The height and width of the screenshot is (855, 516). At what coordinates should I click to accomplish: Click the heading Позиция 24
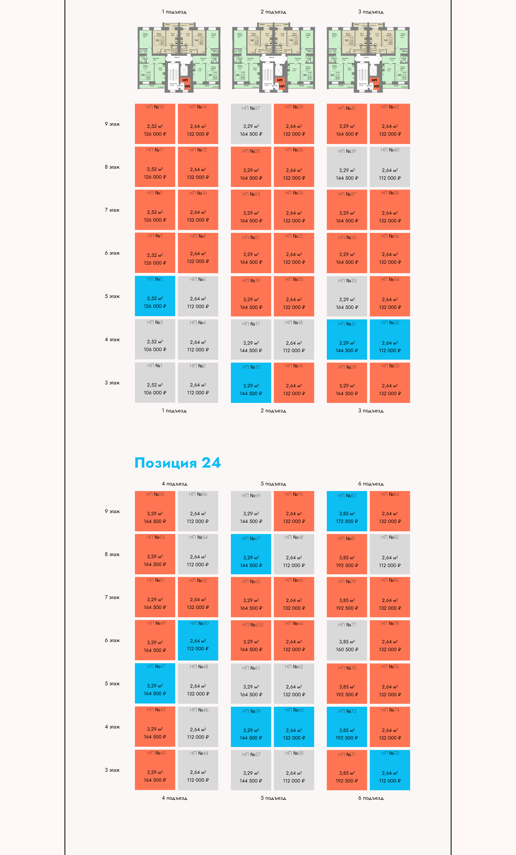pos(177,463)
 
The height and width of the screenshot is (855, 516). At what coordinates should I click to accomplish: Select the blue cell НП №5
pos(155,296)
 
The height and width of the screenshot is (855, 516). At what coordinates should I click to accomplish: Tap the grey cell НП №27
pos(251,124)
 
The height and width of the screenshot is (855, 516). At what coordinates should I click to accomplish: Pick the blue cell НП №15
pos(251,383)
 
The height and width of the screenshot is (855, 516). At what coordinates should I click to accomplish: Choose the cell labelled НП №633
pos(251,640)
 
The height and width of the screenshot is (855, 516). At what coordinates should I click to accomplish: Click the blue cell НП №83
pos(346,511)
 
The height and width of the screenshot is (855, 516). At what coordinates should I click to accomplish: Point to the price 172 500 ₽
pos(346,521)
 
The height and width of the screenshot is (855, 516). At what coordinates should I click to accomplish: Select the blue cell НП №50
pos(198,640)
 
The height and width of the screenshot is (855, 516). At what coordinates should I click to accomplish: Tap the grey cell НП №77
pos(346,640)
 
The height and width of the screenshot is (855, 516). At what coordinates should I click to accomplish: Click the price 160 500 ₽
pos(346,650)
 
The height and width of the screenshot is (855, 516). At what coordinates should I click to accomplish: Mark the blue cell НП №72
pos(390,770)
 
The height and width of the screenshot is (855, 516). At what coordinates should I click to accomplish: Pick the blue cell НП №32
pos(390,339)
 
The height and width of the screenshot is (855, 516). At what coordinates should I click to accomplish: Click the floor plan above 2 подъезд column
pos(274,57)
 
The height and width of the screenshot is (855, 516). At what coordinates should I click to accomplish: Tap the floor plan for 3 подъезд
pos(368,57)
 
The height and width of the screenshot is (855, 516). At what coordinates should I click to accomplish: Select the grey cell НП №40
pos(390,167)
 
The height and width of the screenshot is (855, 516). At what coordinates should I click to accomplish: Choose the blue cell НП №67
pos(251,554)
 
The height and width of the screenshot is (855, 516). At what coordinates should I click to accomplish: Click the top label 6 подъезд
pos(371,484)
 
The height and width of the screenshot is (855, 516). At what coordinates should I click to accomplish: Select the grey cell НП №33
pos(346,296)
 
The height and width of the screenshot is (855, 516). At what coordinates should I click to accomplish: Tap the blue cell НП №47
pos(155,683)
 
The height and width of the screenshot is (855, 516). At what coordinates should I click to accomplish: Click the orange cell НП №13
pos(155,124)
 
